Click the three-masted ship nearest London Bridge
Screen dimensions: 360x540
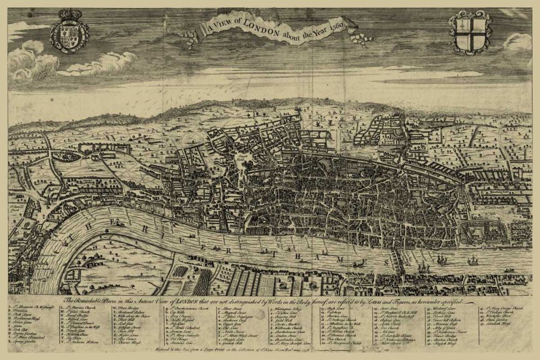click(x=423, y=267)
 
